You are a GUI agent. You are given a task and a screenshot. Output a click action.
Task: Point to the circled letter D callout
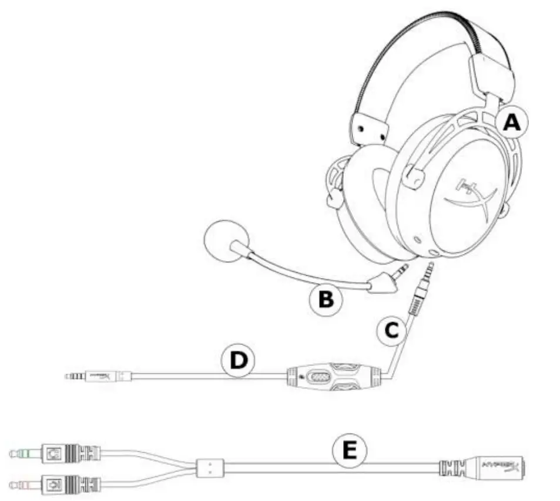coord(238,361)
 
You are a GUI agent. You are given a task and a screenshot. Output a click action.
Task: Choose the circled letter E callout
coord(349,451)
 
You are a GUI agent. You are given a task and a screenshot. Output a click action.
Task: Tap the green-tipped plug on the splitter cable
coord(24,453)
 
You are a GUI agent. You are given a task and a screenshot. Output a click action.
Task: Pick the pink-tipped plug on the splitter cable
coord(24,485)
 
